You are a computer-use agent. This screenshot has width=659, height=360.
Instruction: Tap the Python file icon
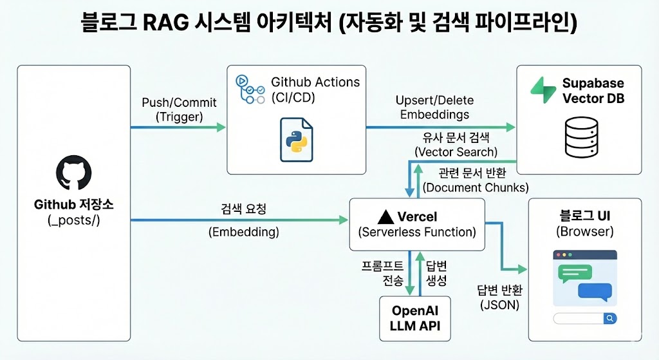click(297, 140)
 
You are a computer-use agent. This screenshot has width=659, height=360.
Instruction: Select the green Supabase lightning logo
click(543, 90)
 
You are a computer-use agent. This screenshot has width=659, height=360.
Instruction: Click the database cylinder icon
click(582, 137)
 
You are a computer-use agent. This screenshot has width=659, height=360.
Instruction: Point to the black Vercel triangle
click(386, 216)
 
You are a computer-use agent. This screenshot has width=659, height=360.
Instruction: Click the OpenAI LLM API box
click(415, 318)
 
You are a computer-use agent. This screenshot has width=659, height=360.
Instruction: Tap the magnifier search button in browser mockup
click(610, 318)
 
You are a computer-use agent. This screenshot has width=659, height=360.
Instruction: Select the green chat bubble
click(575, 274)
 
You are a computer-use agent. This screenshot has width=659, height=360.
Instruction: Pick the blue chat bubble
click(595, 292)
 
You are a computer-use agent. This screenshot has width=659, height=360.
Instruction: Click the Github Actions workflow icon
click(250, 89)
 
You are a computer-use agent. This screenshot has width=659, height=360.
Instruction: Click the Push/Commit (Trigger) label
click(179, 109)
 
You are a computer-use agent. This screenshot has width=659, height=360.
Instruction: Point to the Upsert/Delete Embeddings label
click(434, 108)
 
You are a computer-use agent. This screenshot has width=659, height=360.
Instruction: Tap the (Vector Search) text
click(456, 152)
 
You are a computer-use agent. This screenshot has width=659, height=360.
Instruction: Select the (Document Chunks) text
click(476, 187)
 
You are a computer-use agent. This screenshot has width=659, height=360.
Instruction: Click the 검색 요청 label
click(244, 209)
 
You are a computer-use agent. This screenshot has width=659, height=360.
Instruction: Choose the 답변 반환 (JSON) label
click(499, 297)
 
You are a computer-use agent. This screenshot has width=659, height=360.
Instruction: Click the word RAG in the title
click(166, 23)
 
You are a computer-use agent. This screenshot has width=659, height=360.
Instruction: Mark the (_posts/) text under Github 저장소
click(74, 220)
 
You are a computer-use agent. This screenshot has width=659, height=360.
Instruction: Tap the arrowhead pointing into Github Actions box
click(221, 127)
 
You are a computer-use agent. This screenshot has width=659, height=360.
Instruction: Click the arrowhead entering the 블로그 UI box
click(523, 269)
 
